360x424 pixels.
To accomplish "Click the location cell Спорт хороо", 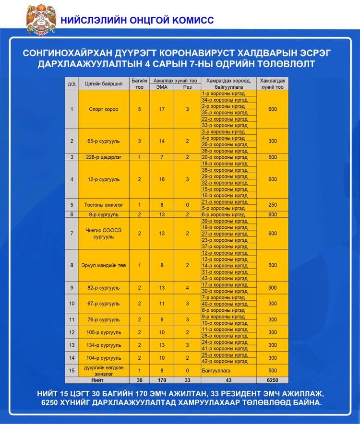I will [103, 109].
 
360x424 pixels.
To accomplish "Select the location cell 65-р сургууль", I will [103, 141].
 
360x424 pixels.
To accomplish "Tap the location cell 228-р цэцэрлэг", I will [103, 157].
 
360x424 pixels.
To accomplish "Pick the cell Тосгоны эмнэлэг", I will [103, 205].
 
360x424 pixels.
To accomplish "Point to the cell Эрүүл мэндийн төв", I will [103, 265].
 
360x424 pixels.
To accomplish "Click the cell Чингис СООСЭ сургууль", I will [103, 234].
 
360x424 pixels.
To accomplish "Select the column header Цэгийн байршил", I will [103, 83].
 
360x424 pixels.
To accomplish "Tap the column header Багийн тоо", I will [139, 83].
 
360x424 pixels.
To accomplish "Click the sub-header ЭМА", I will [162, 87].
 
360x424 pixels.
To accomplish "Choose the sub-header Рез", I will [187, 87].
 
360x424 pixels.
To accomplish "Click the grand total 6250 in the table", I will [273, 380].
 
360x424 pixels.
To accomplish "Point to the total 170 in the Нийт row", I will [162, 380].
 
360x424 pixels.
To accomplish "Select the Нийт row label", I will [97, 380].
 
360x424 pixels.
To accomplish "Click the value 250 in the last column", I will [273, 205].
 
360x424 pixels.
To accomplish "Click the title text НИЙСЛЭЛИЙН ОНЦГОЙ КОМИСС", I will [137, 20].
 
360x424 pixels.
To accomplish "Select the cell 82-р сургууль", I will [103, 288].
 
